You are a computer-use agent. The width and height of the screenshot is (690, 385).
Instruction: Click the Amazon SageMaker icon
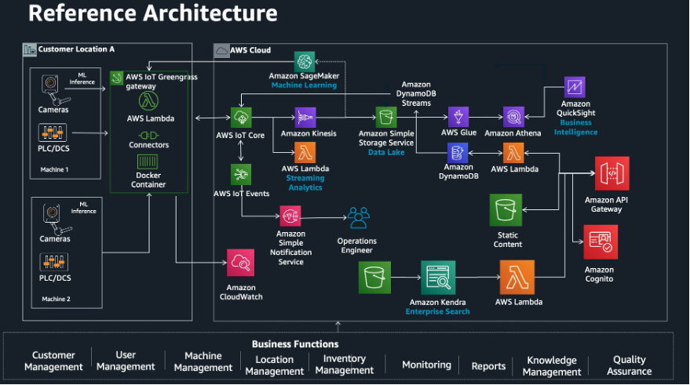[x=305, y=62]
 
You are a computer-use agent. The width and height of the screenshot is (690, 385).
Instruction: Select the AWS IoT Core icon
[x=241, y=118]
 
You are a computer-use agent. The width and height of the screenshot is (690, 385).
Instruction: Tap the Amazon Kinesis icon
[x=305, y=118]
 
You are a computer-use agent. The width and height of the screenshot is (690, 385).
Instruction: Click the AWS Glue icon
[x=458, y=118]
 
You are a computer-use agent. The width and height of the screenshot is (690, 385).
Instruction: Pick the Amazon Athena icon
[x=513, y=118]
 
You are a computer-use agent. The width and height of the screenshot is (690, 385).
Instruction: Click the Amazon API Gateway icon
[x=612, y=174]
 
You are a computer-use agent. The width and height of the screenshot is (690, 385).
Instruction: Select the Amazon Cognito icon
[x=600, y=242]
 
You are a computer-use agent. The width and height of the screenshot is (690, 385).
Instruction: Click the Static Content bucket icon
[x=506, y=211]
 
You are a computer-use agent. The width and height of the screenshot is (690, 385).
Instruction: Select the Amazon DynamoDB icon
[x=458, y=153]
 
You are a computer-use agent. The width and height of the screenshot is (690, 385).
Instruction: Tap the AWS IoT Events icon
[x=241, y=174]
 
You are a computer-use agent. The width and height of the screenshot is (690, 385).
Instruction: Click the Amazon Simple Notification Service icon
[x=290, y=216]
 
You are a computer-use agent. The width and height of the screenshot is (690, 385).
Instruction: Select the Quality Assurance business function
[x=629, y=365]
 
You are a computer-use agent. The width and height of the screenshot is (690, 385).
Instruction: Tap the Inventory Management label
[x=344, y=365]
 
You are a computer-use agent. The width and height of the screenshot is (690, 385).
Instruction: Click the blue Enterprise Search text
[x=437, y=311]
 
